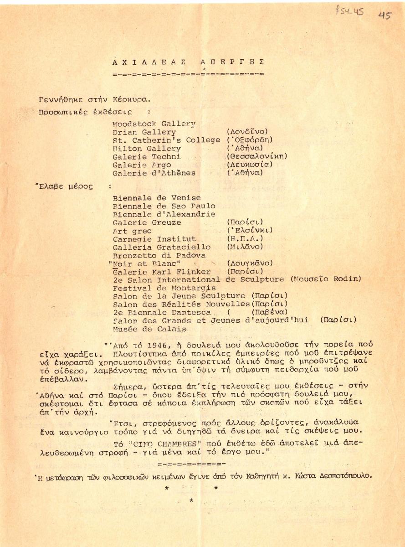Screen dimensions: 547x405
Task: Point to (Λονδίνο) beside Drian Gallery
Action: click(x=247, y=132)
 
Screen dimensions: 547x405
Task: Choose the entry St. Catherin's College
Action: click(x=166, y=140)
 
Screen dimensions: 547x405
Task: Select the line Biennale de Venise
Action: click(x=156, y=198)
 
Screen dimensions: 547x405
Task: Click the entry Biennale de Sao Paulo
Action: click(x=164, y=206)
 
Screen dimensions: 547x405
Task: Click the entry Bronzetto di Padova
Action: click(x=159, y=255)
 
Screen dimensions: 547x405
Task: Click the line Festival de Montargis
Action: click(x=164, y=288)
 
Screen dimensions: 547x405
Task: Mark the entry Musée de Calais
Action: click(x=149, y=329)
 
